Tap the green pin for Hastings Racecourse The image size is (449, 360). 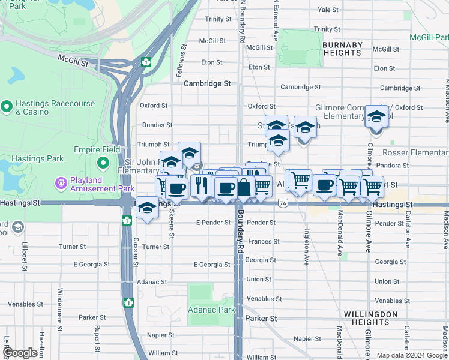tap(7, 107)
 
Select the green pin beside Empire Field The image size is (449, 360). tap(103, 163)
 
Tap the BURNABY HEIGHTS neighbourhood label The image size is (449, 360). tap(342, 49)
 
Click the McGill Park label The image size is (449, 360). tap(429, 37)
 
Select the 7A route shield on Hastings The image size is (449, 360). tap(283, 204)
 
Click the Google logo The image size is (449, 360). tap(21, 353)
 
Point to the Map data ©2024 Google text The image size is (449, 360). tap(412, 355)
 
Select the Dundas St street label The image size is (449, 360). tap(157, 125)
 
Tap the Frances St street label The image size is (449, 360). tap(260, 241)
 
